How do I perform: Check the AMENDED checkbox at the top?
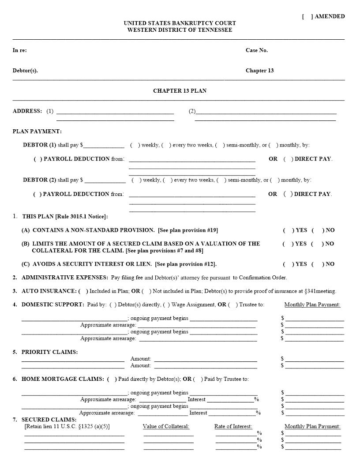[307, 16]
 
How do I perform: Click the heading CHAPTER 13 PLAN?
[180, 91]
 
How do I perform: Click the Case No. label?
[256, 50]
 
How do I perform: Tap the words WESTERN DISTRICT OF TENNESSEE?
[180, 30]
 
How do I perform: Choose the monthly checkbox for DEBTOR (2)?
[275, 180]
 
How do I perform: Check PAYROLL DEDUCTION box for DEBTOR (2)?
[37, 194]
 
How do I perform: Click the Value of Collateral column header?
[166, 426]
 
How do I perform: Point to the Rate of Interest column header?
[233, 426]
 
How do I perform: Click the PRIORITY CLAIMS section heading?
[49, 352]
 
